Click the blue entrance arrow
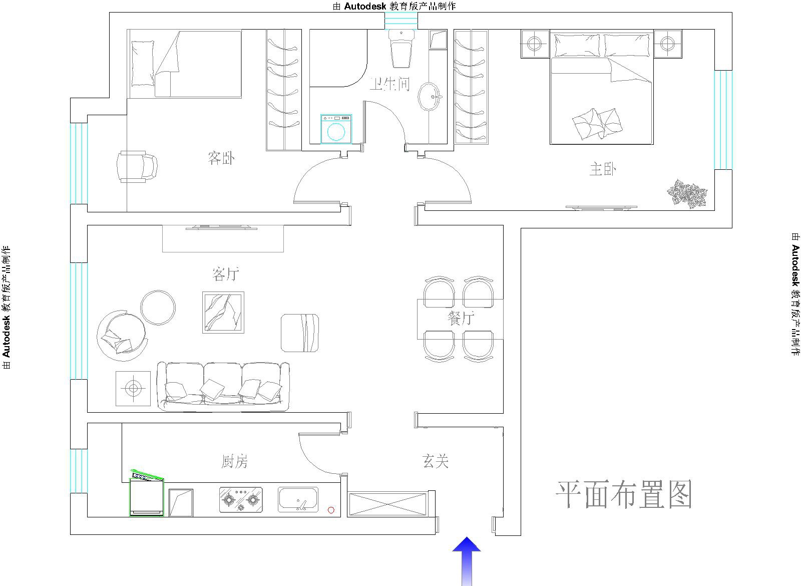[466, 561]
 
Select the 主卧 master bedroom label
[603, 169]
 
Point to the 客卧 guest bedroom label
[221, 158]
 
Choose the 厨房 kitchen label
[235, 461]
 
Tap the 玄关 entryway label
[435, 461]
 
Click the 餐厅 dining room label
[461, 318]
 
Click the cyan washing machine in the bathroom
[336, 129]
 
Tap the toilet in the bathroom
[402, 49]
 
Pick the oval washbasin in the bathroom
[430, 97]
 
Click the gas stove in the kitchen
[241, 499]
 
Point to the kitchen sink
[298, 499]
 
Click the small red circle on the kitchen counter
[331, 510]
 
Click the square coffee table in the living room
[223, 313]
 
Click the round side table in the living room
[158, 308]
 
